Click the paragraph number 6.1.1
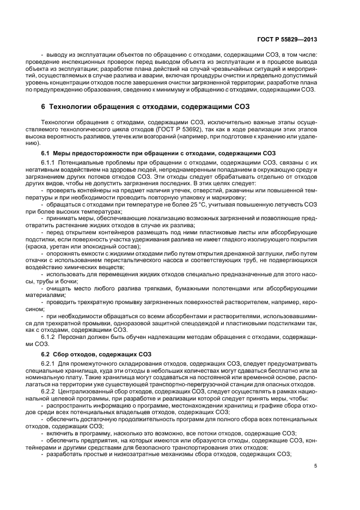pos(50,163)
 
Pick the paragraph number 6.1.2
pos(50,338)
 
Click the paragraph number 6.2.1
pos(50,363)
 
